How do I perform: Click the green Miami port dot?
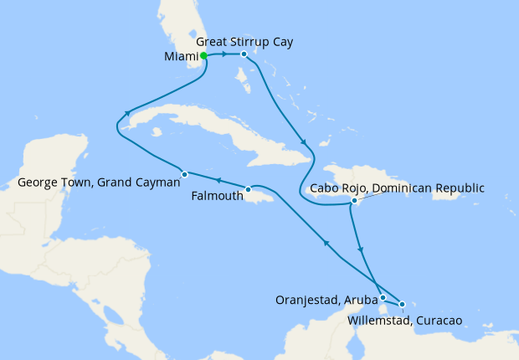[x=204, y=56]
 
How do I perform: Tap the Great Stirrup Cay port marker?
[x=243, y=55]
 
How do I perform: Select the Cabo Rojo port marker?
[x=355, y=201]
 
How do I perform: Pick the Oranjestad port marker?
[x=383, y=297]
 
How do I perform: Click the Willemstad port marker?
[x=403, y=304]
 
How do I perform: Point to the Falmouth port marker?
[x=248, y=189]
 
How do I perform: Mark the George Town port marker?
[x=184, y=174]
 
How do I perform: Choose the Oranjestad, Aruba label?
[x=326, y=299]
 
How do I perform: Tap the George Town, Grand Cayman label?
[x=98, y=181]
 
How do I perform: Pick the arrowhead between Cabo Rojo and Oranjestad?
[x=361, y=249]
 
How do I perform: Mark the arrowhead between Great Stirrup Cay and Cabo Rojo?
[x=302, y=141]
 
